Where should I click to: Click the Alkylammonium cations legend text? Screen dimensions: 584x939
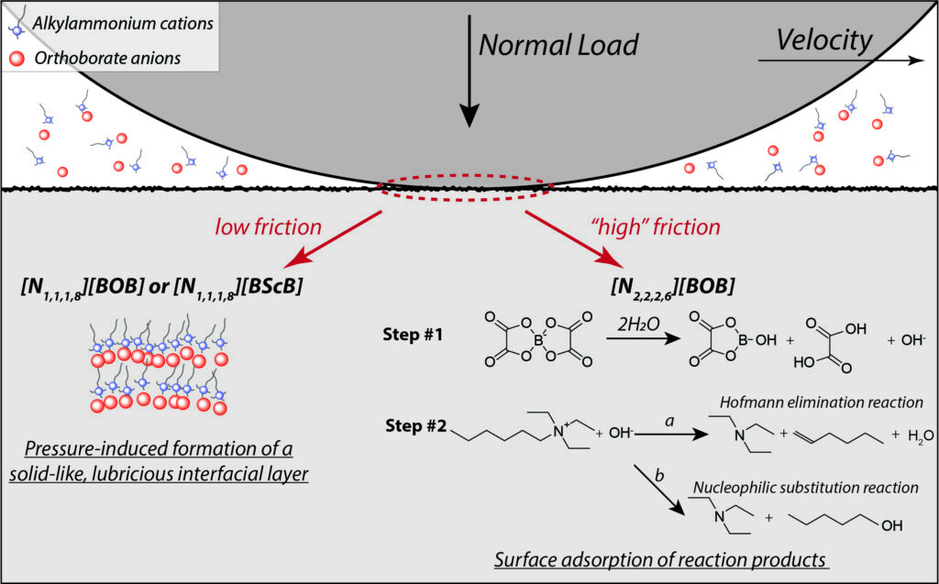120,20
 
